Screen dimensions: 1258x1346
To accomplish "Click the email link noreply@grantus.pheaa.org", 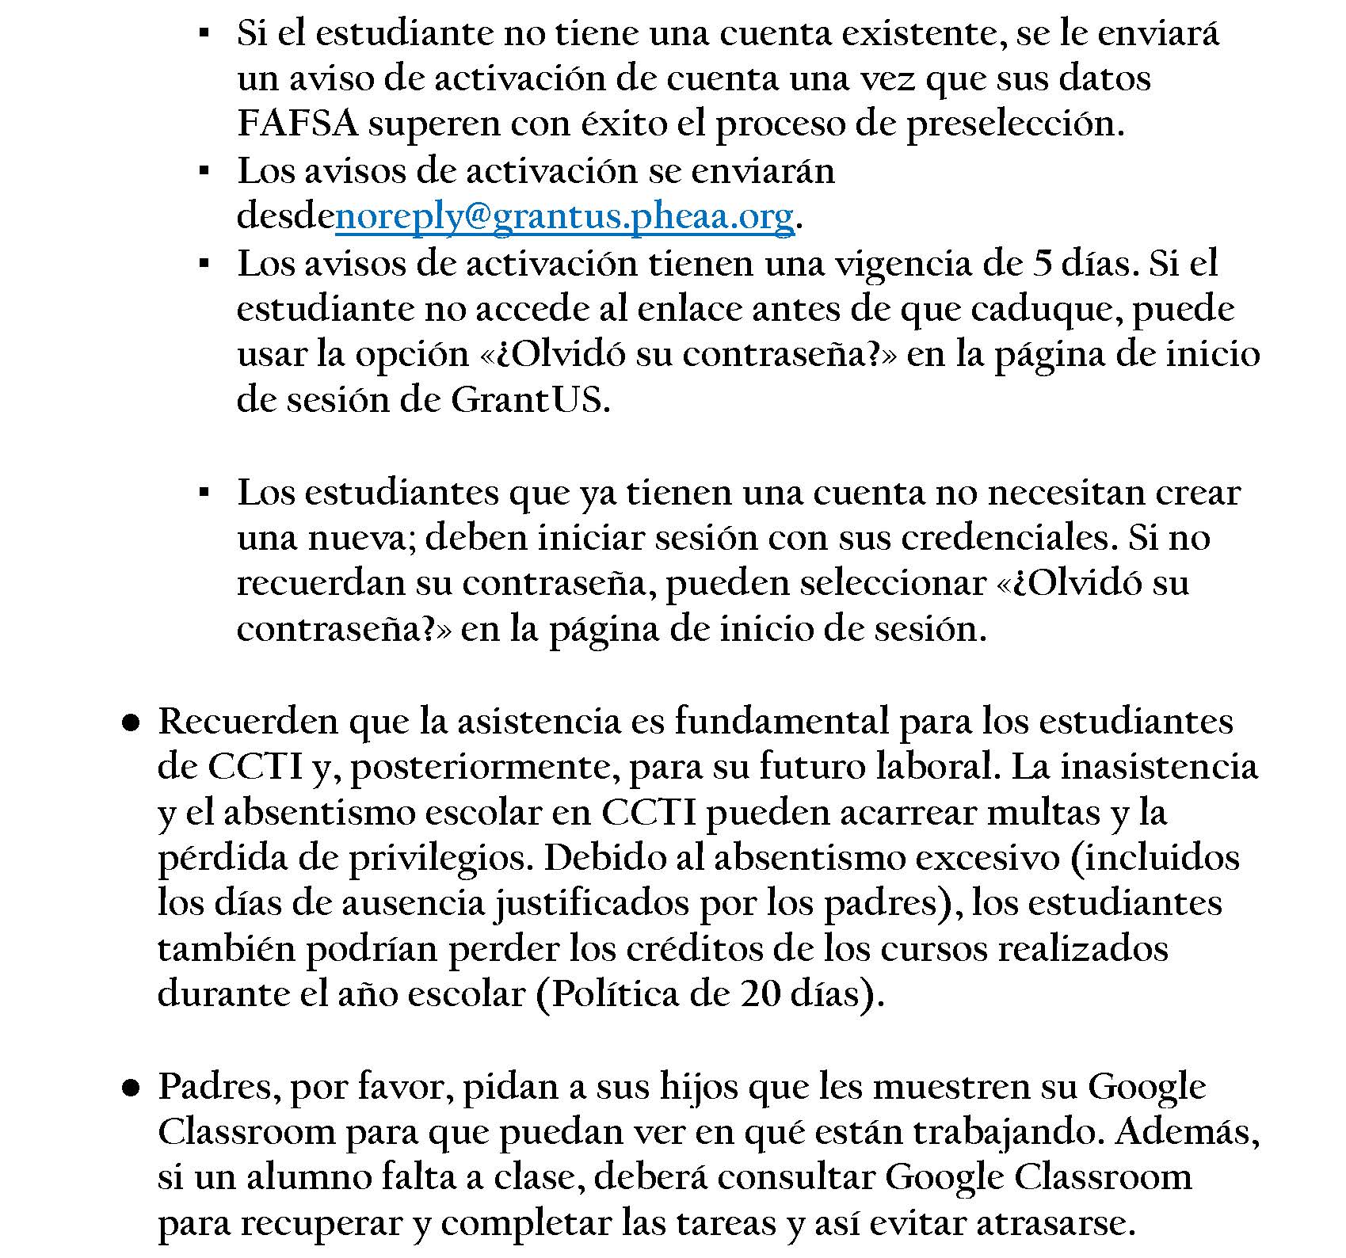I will (564, 216).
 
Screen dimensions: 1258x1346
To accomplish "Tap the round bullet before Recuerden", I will (132, 722).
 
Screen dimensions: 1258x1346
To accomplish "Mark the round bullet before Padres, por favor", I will (132, 1088).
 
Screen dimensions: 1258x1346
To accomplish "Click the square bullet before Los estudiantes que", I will (204, 493).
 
